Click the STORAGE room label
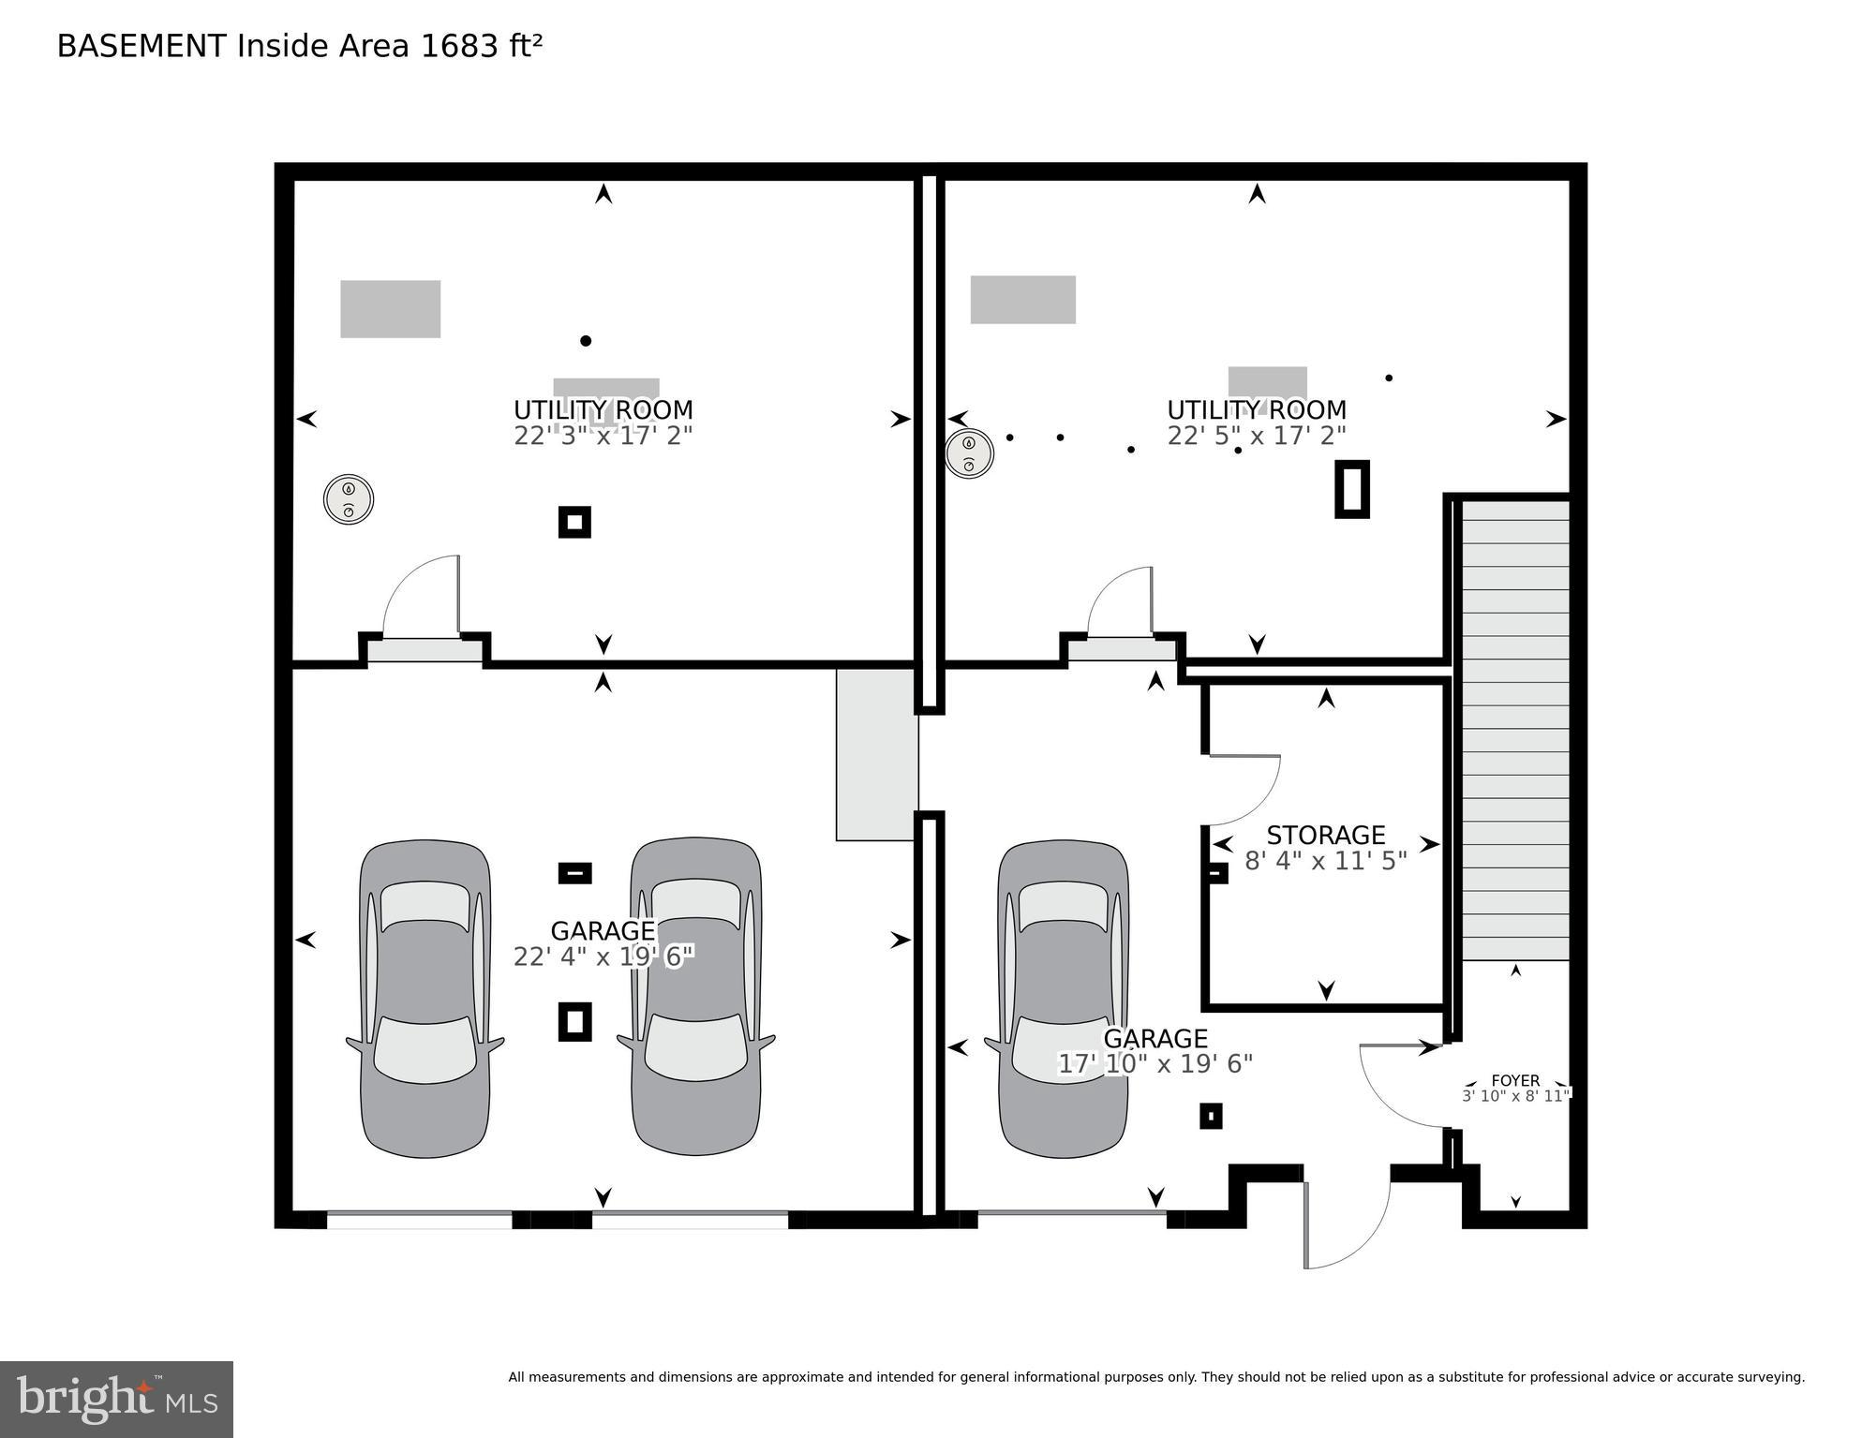click(x=1325, y=835)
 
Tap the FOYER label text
click(x=1515, y=1080)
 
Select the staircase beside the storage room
click(x=1515, y=730)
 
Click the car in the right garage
click(x=1063, y=999)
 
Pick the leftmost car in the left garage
click(x=425, y=999)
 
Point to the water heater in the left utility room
click(x=349, y=499)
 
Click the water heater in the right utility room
click(x=969, y=453)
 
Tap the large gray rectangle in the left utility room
click(x=390, y=309)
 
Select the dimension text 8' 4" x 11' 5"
click(x=1325, y=861)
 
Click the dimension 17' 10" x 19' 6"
click(x=1155, y=1064)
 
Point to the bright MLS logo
click(x=116, y=1400)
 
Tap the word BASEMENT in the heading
click(x=142, y=46)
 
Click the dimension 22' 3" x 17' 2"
click(x=603, y=436)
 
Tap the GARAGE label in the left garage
click(x=603, y=931)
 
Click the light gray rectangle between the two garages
click(x=876, y=754)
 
